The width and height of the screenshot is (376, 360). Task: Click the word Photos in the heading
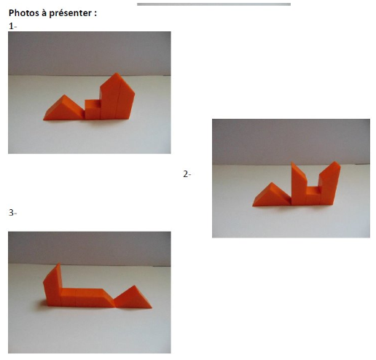pos(24,13)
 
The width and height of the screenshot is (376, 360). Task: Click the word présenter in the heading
pos(70,13)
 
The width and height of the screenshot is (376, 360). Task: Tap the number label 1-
pos(12,26)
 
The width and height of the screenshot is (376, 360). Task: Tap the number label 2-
pos(187,174)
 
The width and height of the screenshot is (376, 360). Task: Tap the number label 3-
pos(12,213)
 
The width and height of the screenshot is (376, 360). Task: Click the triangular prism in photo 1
pos(63,109)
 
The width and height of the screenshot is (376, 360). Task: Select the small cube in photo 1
pos(93,109)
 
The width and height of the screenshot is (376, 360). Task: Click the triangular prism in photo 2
pos(272,196)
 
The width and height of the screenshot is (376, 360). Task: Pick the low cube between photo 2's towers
pos(313,195)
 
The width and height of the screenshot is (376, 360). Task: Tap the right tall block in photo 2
pos(329,184)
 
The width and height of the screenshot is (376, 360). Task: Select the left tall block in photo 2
pos(299,184)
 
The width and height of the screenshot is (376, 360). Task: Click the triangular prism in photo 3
pos(133,298)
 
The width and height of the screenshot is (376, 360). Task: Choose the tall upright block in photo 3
pos(52,285)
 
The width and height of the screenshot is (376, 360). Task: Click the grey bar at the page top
pos(214,4)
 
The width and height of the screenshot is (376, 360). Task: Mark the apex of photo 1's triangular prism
pos(64,95)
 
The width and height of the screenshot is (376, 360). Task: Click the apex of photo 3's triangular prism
pos(134,286)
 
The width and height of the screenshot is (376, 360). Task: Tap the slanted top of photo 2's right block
pos(330,168)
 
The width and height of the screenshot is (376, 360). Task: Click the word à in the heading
pos(44,13)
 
